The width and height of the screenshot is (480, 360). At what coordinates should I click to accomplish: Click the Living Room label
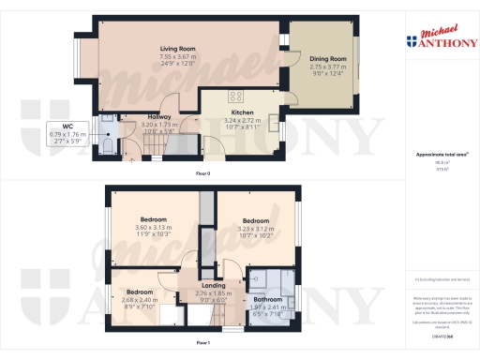click(x=176, y=48)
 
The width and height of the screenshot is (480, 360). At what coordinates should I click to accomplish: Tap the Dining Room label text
click(x=328, y=59)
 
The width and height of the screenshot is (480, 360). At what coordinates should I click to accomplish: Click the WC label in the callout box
click(x=67, y=126)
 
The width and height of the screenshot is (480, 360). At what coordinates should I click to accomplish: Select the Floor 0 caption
click(x=202, y=174)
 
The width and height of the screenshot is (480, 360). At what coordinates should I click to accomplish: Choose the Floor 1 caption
click(x=202, y=345)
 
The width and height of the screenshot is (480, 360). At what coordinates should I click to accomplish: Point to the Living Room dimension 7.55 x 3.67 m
click(x=176, y=55)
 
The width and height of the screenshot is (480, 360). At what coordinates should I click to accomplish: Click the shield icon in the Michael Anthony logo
click(x=412, y=39)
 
